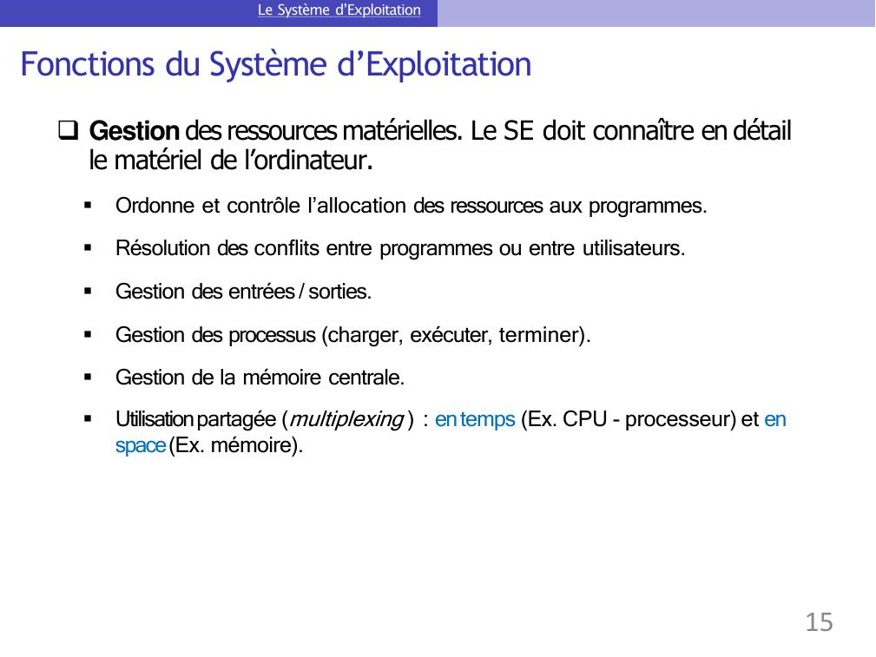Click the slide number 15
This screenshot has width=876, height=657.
point(819,621)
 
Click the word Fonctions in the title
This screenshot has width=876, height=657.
point(87,63)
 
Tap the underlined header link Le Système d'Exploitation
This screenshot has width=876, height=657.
point(339,10)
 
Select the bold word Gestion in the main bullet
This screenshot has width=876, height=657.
point(134,131)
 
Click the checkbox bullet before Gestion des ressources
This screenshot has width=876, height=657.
point(68,130)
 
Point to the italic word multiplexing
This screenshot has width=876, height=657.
point(346,419)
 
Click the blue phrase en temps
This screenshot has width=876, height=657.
point(475,419)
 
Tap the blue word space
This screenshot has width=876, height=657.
point(141,446)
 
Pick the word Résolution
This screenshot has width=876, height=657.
point(162,248)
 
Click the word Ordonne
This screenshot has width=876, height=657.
point(155,206)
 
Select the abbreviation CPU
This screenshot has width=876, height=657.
point(585,419)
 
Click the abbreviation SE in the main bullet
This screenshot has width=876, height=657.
point(519,131)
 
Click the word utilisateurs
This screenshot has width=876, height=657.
point(634,248)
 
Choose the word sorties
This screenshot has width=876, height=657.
point(339,292)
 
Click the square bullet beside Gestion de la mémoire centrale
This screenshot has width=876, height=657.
point(88,378)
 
